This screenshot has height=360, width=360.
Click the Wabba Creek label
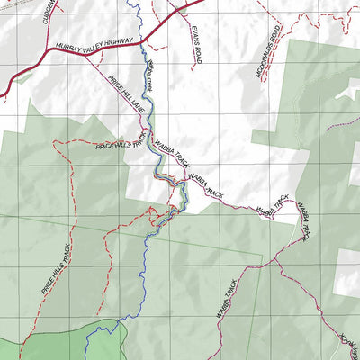coord(150,74)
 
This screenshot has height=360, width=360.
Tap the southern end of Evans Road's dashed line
coord(193,67)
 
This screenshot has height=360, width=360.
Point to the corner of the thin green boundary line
coord(262,264)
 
